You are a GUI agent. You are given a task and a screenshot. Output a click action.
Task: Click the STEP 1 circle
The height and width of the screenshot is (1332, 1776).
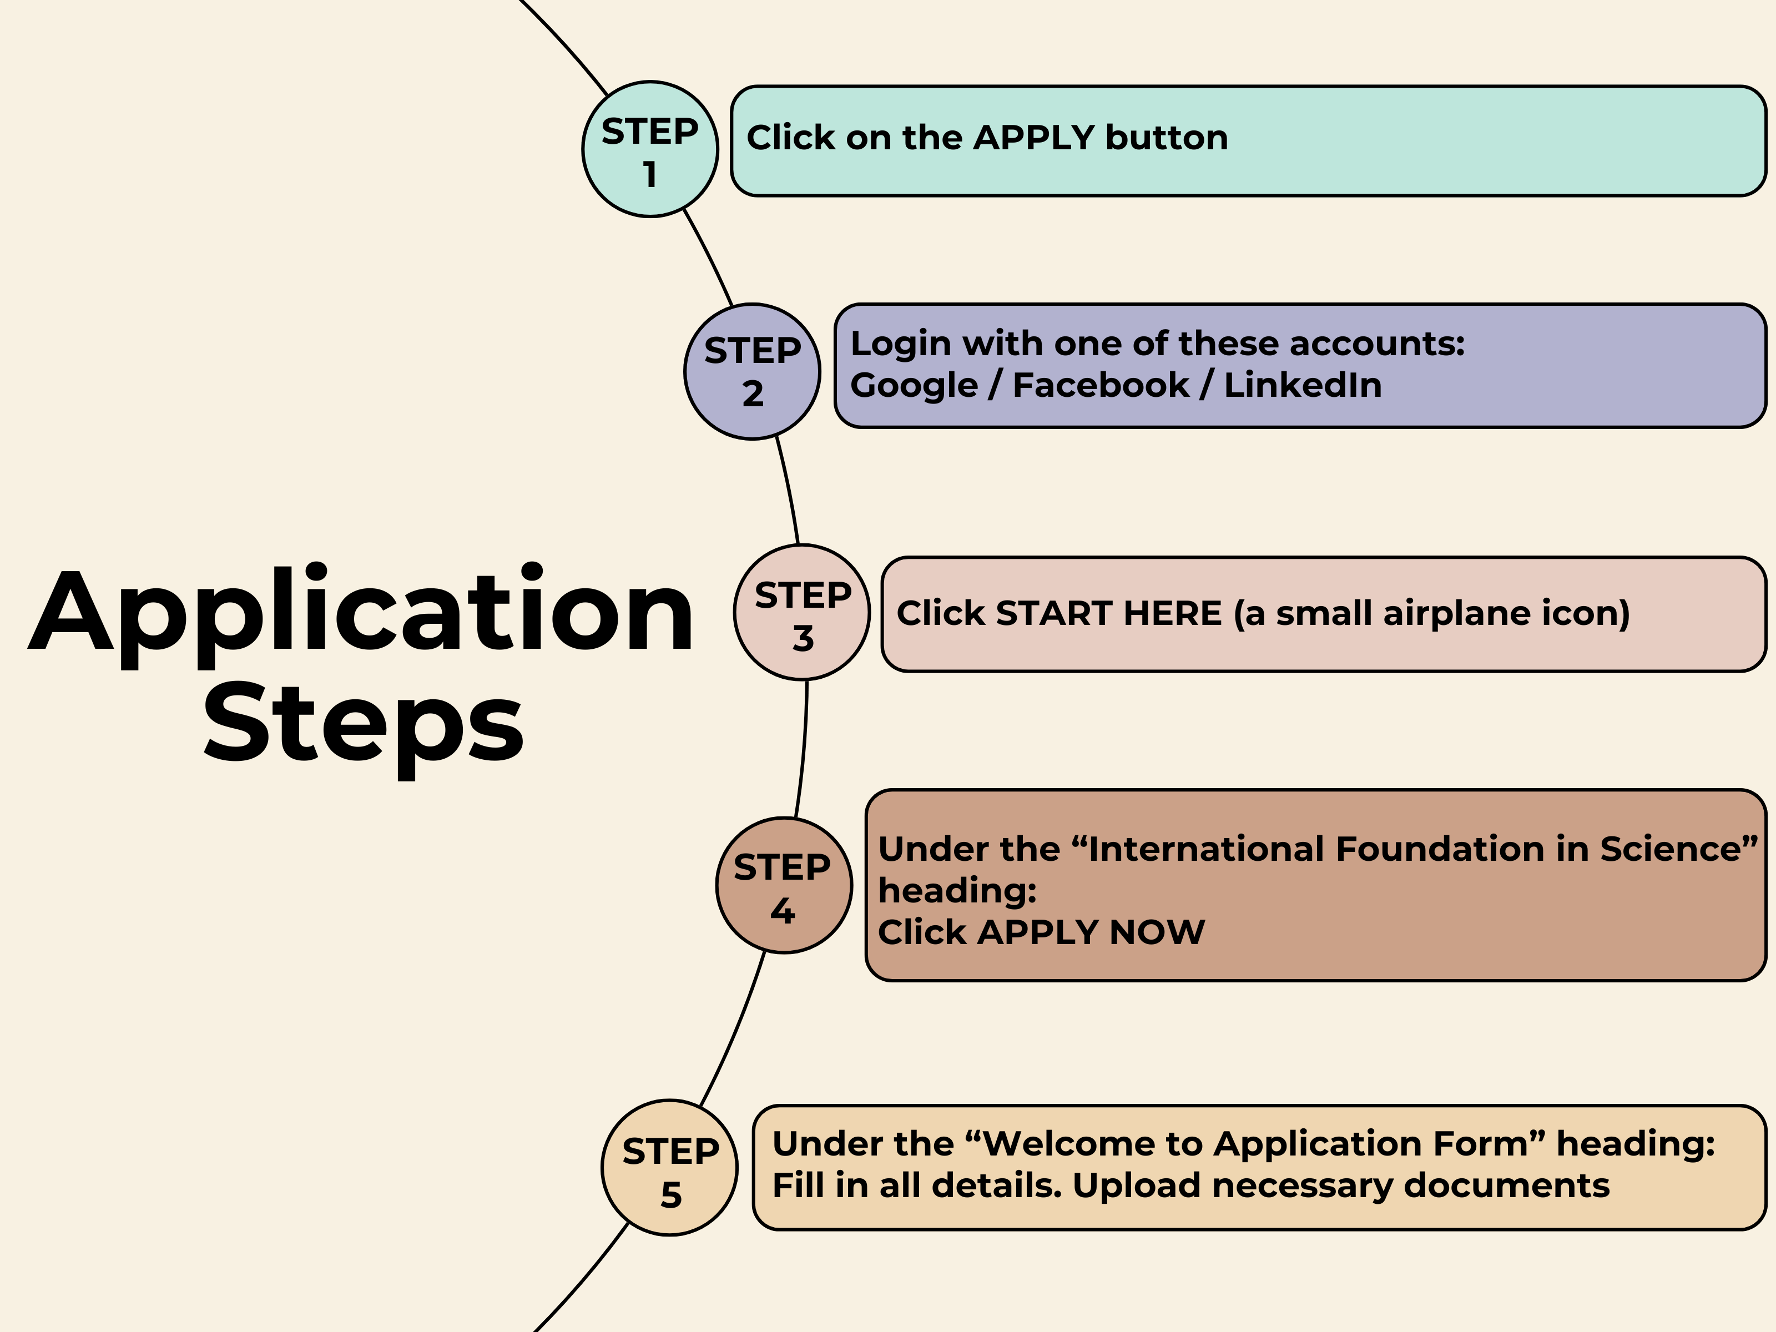(650, 149)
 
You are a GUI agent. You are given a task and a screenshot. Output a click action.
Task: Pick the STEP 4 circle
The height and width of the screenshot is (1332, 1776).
(784, 886)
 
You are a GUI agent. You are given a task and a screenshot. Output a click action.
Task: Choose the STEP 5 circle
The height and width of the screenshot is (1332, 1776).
(670, 1167)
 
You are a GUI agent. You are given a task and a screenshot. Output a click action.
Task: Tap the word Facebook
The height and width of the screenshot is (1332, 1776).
(1101, 385)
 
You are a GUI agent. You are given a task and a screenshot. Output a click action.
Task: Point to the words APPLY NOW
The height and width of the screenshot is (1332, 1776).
(1091, 932)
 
